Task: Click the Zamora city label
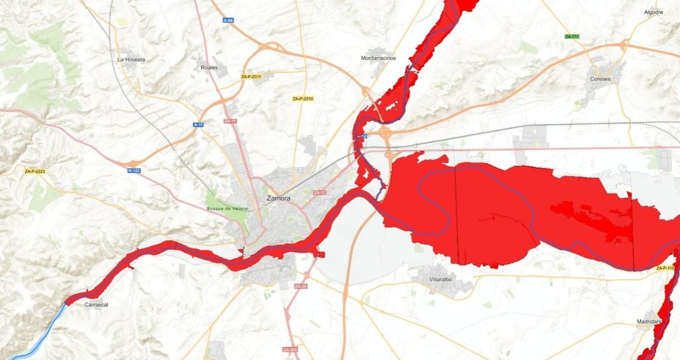click(278, 198)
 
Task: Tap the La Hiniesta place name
click(131, 60)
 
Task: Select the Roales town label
click(209, 68)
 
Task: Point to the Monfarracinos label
click(378, 58)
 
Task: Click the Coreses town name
click(600, 79)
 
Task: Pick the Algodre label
click(653, 12)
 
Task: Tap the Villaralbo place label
click(440, 280)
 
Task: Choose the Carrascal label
click(96, 305)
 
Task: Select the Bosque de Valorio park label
click(227, 209)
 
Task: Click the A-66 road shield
click(228, 20)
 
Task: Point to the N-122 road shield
click(134, 170)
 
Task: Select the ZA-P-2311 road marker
click(251, 77)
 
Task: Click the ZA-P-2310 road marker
click(303, 99)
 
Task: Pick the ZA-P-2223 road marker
click(35, 172)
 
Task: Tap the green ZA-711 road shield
click(572, 37)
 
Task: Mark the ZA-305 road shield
click(290, 350)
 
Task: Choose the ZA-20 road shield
click(300, 286)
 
